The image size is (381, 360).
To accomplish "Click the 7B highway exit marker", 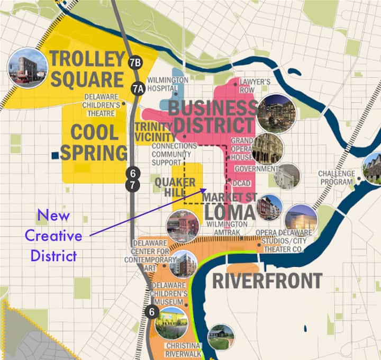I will [x=135, y=62].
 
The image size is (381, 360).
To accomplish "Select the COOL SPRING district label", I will [x=94, y=142].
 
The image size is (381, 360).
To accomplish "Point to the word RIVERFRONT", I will [x=267, y=281].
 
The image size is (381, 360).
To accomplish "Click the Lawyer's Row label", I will [x=255, y=86].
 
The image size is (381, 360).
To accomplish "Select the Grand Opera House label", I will [x=241, y=149].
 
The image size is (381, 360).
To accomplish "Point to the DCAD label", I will [x=241, y=183].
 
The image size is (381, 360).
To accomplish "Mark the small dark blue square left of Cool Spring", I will [x=55, y=155].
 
